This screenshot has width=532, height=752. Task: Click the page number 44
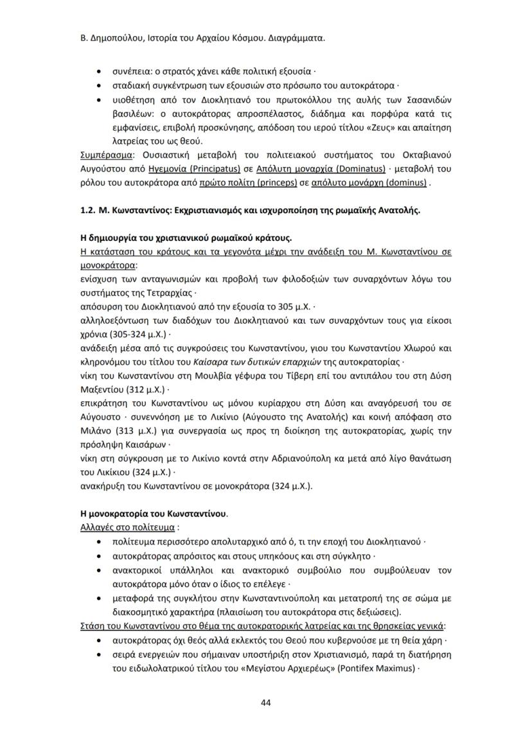265,702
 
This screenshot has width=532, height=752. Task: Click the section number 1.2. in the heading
87,209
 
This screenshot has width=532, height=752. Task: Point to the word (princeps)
274,182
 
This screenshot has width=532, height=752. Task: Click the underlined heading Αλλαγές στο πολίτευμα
128,528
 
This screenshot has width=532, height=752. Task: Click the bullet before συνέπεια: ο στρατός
98,71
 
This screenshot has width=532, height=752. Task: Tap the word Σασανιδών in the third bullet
428,100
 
